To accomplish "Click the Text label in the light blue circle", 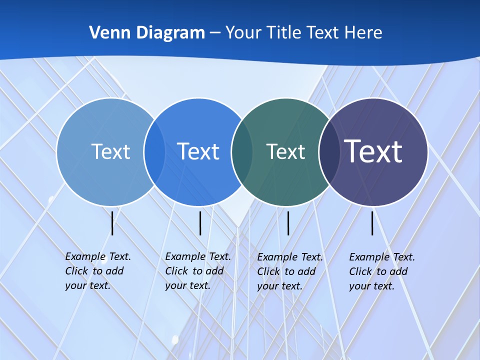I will coord(110,151).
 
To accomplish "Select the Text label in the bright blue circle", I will coord(198,151).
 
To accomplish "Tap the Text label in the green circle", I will coord(285,151).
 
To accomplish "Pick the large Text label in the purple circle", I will coord(373,151).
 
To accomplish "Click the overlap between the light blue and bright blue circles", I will coord(154,152).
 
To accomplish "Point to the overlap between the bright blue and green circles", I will coord(242,152).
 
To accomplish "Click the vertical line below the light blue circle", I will coord(112,223).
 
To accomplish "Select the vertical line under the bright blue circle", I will coord(200,223).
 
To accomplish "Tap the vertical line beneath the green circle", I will coord(288,223).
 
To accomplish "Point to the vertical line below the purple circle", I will coord(372,223).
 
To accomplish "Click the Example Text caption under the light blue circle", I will coord(97,271).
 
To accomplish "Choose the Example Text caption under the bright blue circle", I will coord(197,271).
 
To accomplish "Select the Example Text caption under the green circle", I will coord(289,271).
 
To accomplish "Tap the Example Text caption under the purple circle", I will coord(381,271).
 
